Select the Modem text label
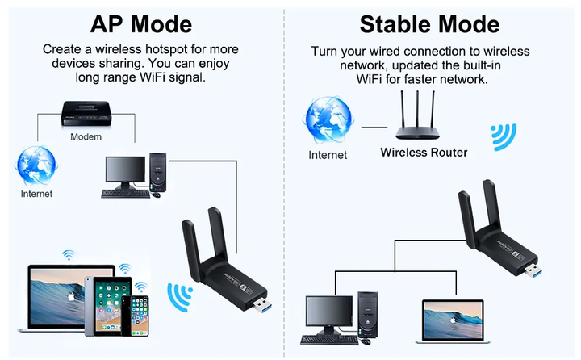pyautogui.click(x=86, y=137)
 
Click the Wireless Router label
pyautogui.click(x=424, y=152)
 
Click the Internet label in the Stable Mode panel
pyautogui.click(x=328, y=155)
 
